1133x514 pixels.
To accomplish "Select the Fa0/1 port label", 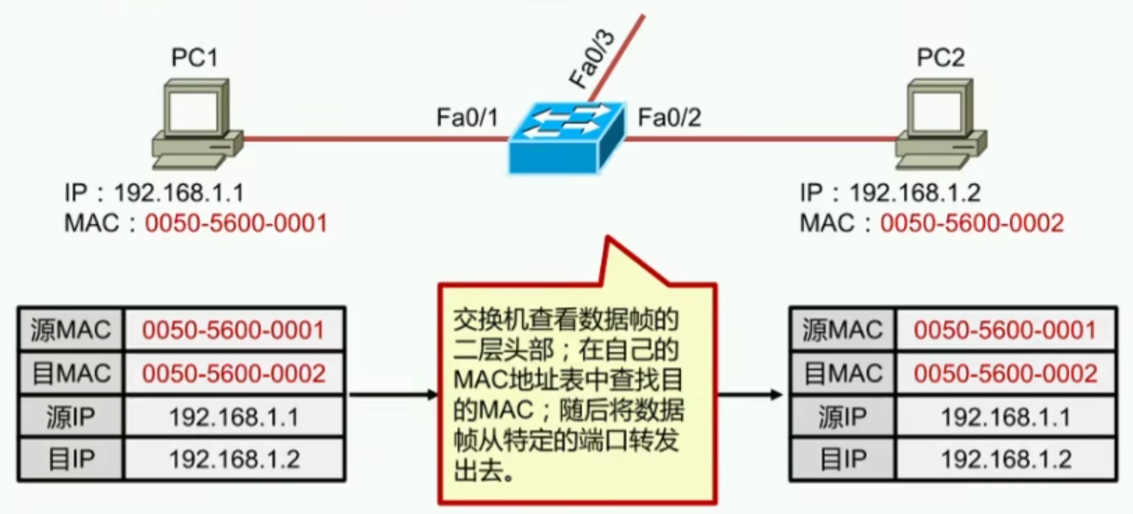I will pyautogui.click(x=467, y=118).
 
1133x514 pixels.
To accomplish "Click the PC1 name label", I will pyautogui.click(x=194, y=59).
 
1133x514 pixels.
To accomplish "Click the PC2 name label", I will pyautogui.click(x=940, y=59).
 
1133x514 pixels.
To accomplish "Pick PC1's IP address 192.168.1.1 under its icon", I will pyautogui.click(x=178, y=194).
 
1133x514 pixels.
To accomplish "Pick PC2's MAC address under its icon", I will pyautogui.click(x=972, y=223).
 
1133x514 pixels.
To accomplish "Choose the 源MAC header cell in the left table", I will pyautogui.click(x=71, y=329).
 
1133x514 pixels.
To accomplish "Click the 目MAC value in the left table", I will pyautogui.click(x=233, y=374).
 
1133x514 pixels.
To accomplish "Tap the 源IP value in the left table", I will pyautogui.click(x=233, y=417).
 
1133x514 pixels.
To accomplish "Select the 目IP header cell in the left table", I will pyautogui.click(x=71, y=459).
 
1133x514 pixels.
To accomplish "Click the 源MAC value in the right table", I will pyautogui.click(x=1006, y=329).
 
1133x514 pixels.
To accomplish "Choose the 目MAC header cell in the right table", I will pyautogui.click(x=841, y=374).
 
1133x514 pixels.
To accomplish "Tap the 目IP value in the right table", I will pyautogui.click(x=1006, y=459).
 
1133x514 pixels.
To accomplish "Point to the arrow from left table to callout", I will pyautogui.click(x=392, y=395).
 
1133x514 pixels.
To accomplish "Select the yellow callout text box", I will pyautogui.click(x=577, y=394).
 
